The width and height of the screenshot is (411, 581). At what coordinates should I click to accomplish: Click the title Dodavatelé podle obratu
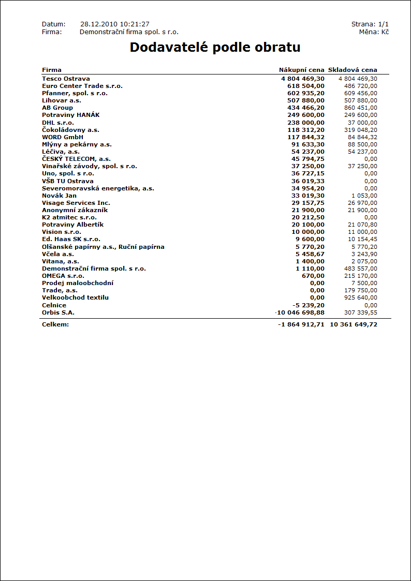(215, 48)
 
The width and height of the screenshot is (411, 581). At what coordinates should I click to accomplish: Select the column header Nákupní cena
(302, 70)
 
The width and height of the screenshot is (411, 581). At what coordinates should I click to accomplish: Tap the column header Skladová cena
(353, 70)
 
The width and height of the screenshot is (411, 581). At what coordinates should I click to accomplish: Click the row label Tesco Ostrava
(66, 79)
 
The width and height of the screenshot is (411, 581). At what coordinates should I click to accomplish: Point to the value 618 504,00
(306, 86)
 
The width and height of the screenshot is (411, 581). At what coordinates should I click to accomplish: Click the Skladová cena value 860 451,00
(361, 108)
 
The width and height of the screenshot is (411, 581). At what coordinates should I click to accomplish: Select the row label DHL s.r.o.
(58, 122)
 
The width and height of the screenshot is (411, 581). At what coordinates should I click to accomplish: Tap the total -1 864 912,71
(301, 324)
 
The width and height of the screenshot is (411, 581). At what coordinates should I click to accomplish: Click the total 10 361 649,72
(354, 324)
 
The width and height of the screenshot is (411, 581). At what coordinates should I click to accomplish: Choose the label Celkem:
(55, 324)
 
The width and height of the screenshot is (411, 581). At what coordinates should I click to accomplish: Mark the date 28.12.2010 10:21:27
(115, 24)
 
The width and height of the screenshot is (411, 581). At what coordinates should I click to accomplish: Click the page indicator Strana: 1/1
(370, 24)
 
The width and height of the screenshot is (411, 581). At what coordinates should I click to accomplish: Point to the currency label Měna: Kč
(374, 32)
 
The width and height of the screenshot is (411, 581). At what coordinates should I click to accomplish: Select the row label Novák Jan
(59, 196)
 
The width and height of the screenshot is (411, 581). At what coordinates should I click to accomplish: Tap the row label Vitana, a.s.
(61, 261)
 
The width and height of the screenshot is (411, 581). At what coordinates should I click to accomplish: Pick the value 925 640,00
(361, 297)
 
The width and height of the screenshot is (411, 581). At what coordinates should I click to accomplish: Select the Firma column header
(52, 70)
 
